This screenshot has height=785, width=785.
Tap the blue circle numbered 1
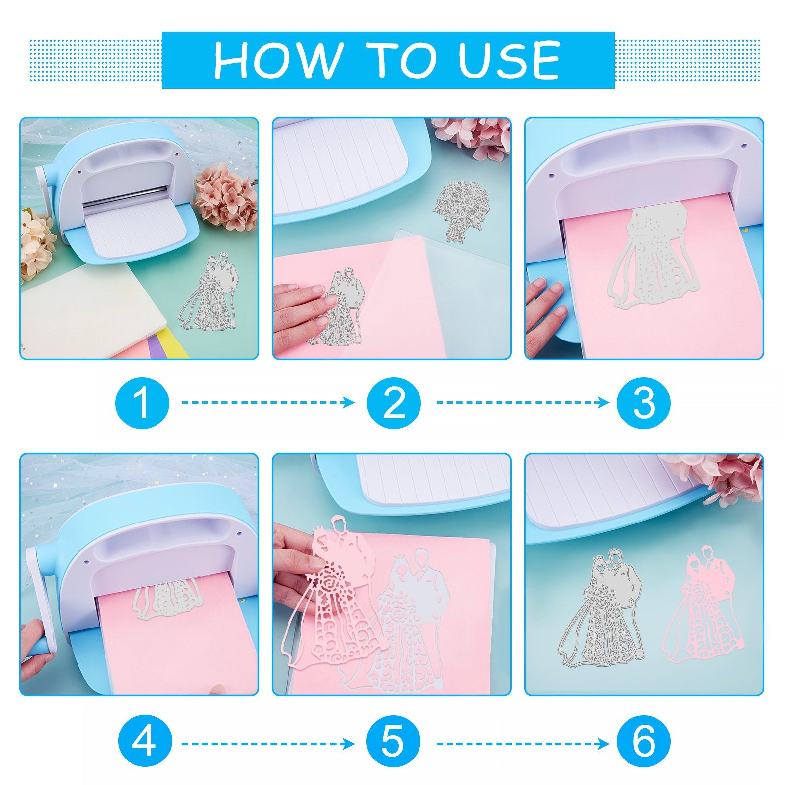(142, 403)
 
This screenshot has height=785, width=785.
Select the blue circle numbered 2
(394, 403)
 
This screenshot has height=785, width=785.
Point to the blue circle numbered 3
(644, 403)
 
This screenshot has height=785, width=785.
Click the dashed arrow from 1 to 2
(268, 403)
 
